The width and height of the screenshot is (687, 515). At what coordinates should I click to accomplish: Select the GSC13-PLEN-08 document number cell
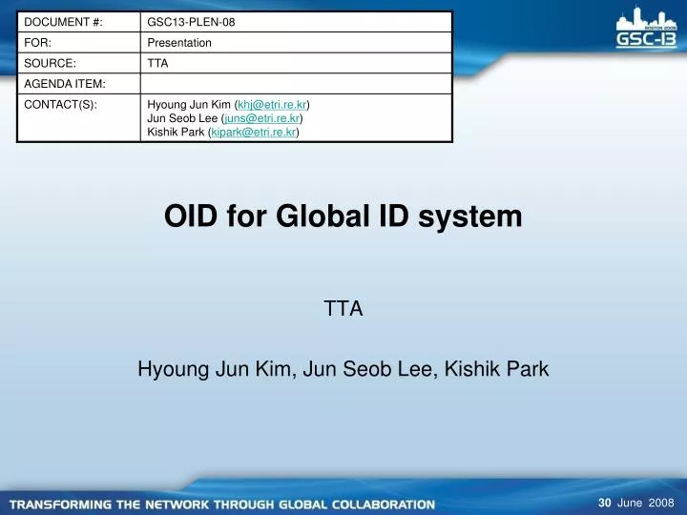(191, 21)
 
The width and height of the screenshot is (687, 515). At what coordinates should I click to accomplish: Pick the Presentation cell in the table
(179, 43)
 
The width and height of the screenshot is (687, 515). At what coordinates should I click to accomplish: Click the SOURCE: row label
(50, 63)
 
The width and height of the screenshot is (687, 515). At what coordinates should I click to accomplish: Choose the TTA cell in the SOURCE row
(157, 63)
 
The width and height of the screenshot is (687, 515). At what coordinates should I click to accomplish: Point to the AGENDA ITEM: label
(64, 84)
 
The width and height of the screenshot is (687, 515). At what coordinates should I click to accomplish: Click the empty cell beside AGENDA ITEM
(296, 84)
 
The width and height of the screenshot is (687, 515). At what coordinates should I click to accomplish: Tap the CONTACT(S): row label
(60, 104)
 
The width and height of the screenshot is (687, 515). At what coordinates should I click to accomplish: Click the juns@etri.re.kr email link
(262, 118)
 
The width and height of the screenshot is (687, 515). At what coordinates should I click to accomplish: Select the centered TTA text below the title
(343, 308)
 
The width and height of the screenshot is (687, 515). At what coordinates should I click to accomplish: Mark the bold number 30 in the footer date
(604, 503)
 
